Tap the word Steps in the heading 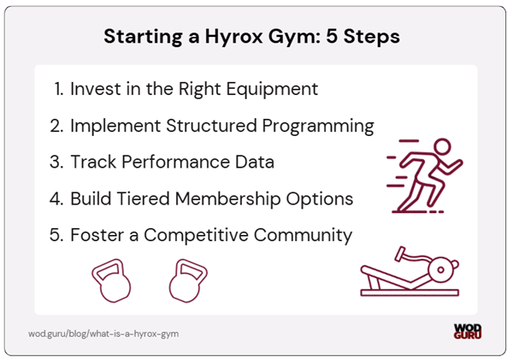(374, 38)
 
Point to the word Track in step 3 (95, 162)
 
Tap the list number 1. (56, 89)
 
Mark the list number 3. (56, 162)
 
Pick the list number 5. (56, 235)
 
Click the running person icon (424, 175)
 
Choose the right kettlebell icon (187, 283)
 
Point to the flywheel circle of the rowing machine (440, 269)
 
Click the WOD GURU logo (469, 331)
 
